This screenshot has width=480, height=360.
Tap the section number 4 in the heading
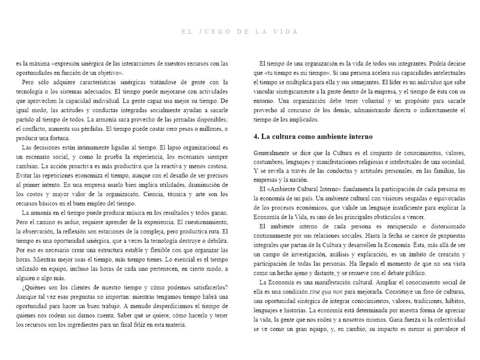pyautogui.click(x=255, y=136)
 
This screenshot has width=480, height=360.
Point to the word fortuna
pyautogui.click(x=59, y=138)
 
